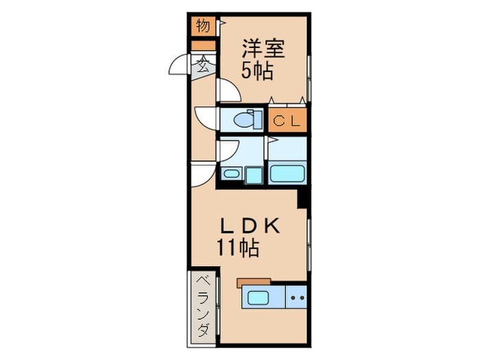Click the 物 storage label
click(x=202, y=27)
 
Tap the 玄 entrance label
click(x=203, y=66)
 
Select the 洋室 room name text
click(x=263, y=49)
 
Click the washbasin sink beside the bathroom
click(x=230, y=173)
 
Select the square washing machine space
click(x=254, y=175)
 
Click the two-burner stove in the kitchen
click(x=296, y=298)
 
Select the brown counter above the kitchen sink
click(x=253, y=281)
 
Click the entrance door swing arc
click(x=180, y=65)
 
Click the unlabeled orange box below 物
click(x=203, y=46)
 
